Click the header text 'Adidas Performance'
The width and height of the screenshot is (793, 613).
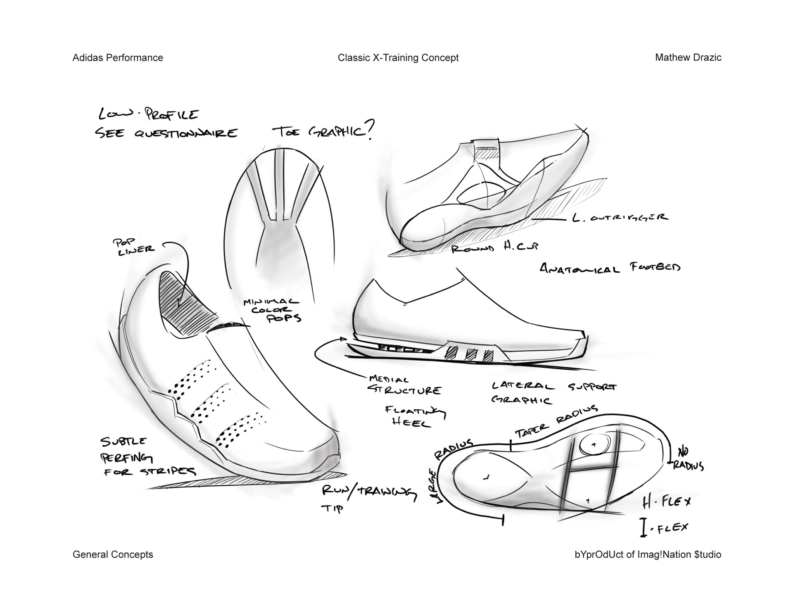click(118, 58)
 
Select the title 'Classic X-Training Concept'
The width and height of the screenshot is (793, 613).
click(398, 58)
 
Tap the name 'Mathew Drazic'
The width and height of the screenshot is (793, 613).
click(688, 57)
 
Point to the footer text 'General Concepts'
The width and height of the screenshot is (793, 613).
click(113, 554)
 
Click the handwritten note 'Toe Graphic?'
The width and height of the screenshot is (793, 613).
click(322, 131)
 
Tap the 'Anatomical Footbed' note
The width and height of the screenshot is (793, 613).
click(610, 268)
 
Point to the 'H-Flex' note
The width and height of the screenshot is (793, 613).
click(666, 502)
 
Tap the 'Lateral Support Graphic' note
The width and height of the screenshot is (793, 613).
click(553, 392)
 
